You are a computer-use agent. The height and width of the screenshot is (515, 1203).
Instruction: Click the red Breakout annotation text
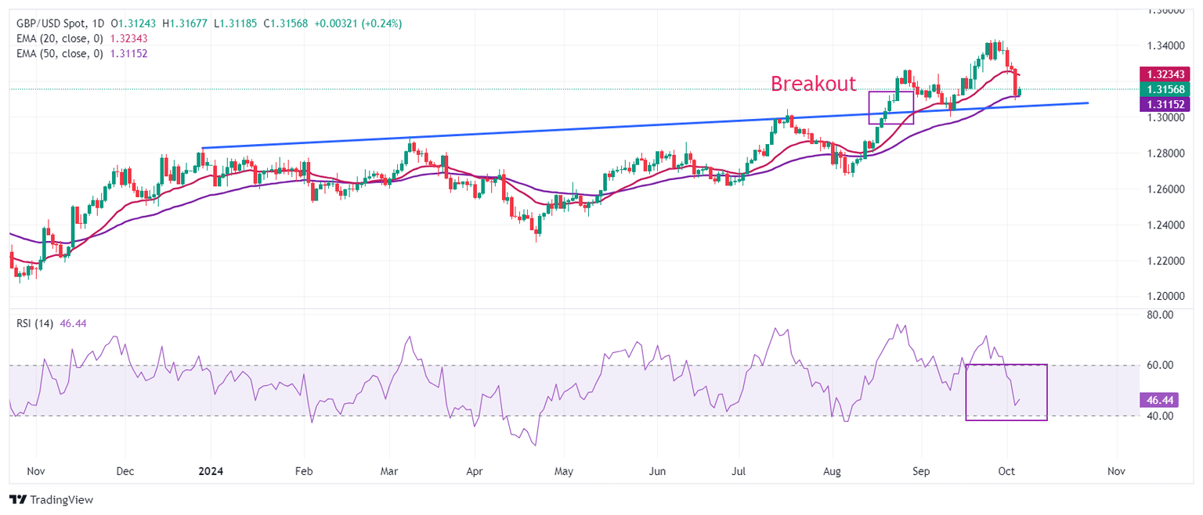[813, 84]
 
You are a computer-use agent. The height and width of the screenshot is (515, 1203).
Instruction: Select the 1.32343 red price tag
[1164, 74]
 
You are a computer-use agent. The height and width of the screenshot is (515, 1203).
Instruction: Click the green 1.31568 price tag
[1164, 88]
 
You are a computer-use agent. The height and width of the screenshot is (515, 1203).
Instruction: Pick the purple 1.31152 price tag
[1164, 103]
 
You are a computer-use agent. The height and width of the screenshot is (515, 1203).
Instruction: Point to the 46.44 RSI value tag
[1159, 400]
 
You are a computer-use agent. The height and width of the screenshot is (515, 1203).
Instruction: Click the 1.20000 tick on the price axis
[1164, 297]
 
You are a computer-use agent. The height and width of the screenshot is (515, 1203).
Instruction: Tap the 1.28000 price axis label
[1164, 153]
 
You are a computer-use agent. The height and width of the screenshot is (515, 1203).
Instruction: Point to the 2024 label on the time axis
[211, 472]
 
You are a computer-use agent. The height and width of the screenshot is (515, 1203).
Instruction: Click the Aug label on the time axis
[833, 472]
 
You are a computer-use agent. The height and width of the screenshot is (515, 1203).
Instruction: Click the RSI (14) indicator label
[34, 324]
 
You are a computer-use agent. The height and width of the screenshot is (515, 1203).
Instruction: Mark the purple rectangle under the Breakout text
[891, 107]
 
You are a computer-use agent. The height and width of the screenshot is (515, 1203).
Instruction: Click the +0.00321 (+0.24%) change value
[358, 23]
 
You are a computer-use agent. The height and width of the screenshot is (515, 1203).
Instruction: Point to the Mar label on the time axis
[389, 472]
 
